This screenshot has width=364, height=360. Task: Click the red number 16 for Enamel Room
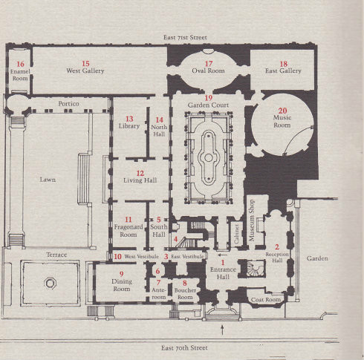(x=20, y=64)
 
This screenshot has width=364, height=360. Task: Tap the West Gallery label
(x=85, y=71)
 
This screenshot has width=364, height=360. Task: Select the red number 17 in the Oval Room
(x=209, y=64)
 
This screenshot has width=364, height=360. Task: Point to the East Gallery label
(x=283, y=71)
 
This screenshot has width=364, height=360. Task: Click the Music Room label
(x=282, y=121)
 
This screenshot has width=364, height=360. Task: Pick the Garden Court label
(x=208, y=105)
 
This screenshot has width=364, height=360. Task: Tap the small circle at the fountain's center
(x=209, y=157)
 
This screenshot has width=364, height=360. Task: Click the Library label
(x=129, y=126)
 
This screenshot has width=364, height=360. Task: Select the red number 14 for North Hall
(x=159, y=120)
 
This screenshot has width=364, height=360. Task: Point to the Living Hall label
(x=140, y=180)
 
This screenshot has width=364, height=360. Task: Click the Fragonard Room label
(x=129, y=231)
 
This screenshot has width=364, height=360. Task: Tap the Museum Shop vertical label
(x=252, y=220)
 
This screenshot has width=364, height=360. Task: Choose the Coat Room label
(x=266, y=300)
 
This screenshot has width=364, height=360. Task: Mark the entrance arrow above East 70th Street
(x=222, y=330)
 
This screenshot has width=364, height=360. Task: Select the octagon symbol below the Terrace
(x=51, y=283)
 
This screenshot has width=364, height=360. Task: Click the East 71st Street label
(x=185, y=37)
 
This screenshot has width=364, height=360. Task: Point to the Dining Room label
(x=122, y=285)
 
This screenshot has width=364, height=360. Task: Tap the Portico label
(x=69, y=104)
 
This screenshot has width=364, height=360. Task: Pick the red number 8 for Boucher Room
(x=185, y=283)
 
